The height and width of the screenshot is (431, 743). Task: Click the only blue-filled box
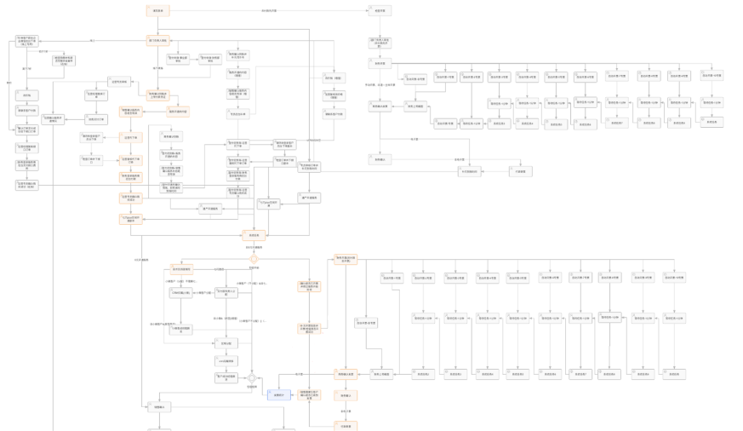[x=278, y=395]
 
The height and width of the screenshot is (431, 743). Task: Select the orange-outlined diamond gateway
[x=254, y=259]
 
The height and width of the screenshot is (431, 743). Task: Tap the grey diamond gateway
[x=252, y=378]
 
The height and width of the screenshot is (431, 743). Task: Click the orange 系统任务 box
[x=253, y=235]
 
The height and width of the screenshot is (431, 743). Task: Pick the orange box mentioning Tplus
[x=130, y=219]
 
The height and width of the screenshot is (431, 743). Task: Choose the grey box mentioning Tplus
[x=268, y=204]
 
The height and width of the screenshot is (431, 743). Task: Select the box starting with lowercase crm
[x=226, y=361]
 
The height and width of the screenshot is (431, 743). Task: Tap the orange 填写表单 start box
[x=158, y=11]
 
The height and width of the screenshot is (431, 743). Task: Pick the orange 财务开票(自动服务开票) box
[x=346, y=258]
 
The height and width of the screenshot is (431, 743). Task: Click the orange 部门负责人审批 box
[x=158, y=40]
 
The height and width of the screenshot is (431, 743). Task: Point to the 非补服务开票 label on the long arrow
[x=268, y=11]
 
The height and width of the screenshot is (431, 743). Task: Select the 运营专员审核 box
[x=119, y=83]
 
